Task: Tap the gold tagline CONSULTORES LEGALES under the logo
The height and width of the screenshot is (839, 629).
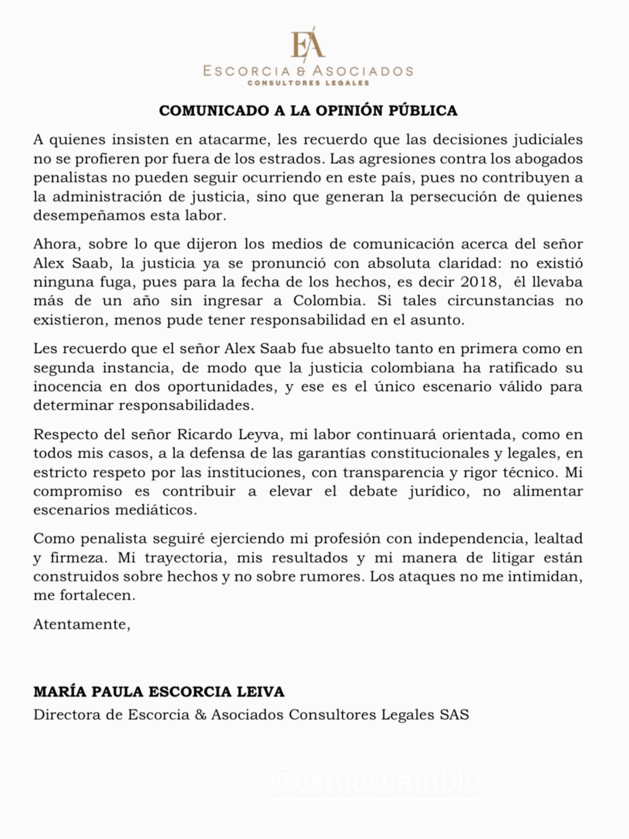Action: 308,83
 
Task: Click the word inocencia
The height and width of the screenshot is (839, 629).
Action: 68,386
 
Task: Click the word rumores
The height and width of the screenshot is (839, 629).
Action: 337,576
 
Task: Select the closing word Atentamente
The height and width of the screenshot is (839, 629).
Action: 81,625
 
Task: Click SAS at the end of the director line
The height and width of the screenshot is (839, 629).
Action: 454,715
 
